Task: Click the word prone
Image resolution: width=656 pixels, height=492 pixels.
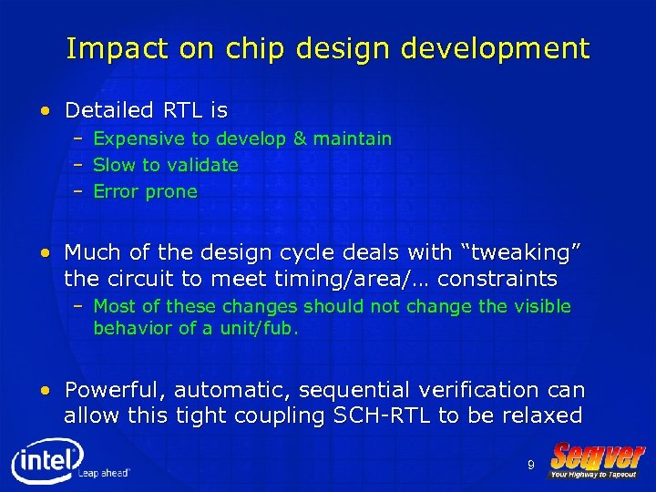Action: click(x=171, y=192)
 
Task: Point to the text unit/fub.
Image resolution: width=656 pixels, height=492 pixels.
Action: click(x=261, y=328)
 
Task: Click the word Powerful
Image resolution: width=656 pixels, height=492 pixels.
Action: click(x=115, y=391)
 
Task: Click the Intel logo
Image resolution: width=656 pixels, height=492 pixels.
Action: click(x=47, y=462)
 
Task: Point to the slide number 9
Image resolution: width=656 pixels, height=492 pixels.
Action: click(x=530, y=466)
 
